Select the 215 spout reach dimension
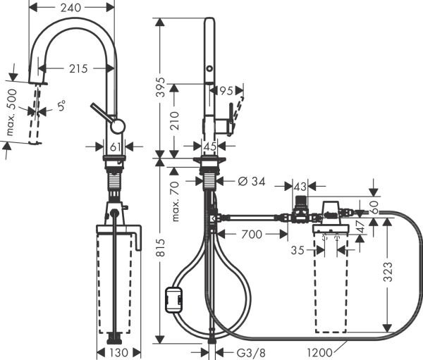coord(78,69)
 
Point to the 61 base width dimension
coord(117,147)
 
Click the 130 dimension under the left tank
coord(118,352)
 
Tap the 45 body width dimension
coord(209,147)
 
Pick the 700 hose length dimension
coord(251,233)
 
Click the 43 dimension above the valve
coord(300,186)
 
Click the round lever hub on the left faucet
coord(118,127)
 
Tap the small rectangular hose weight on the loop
coord(173,300)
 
